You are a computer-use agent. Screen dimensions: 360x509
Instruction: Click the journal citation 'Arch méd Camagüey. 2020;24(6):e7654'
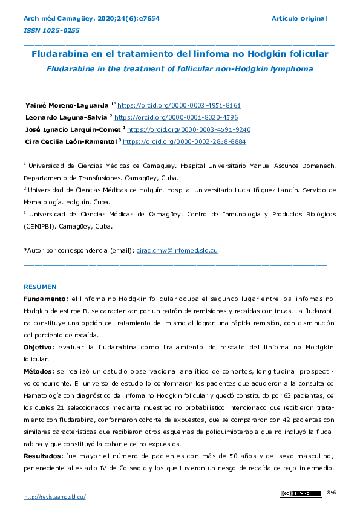[x=91, y=19]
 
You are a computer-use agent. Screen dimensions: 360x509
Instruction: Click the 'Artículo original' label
[x=299, y=19]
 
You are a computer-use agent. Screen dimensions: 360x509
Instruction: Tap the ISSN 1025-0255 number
[x=51, y=30]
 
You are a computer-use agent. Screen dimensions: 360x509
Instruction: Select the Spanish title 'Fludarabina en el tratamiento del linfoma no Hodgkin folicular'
[x=180, y=54]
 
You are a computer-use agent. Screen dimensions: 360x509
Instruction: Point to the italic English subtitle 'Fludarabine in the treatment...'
[x=180, y=68]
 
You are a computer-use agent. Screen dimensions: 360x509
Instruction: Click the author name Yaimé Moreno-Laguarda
[x=67, y=105]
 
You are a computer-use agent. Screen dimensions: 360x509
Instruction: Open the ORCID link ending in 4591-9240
[x=189, y=129]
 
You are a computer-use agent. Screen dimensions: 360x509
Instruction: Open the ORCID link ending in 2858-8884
[x=184, y=141]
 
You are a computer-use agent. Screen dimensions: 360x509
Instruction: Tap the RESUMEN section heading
[x=40, y=287]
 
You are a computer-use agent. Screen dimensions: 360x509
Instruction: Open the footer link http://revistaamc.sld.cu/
[x=54, y=496]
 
